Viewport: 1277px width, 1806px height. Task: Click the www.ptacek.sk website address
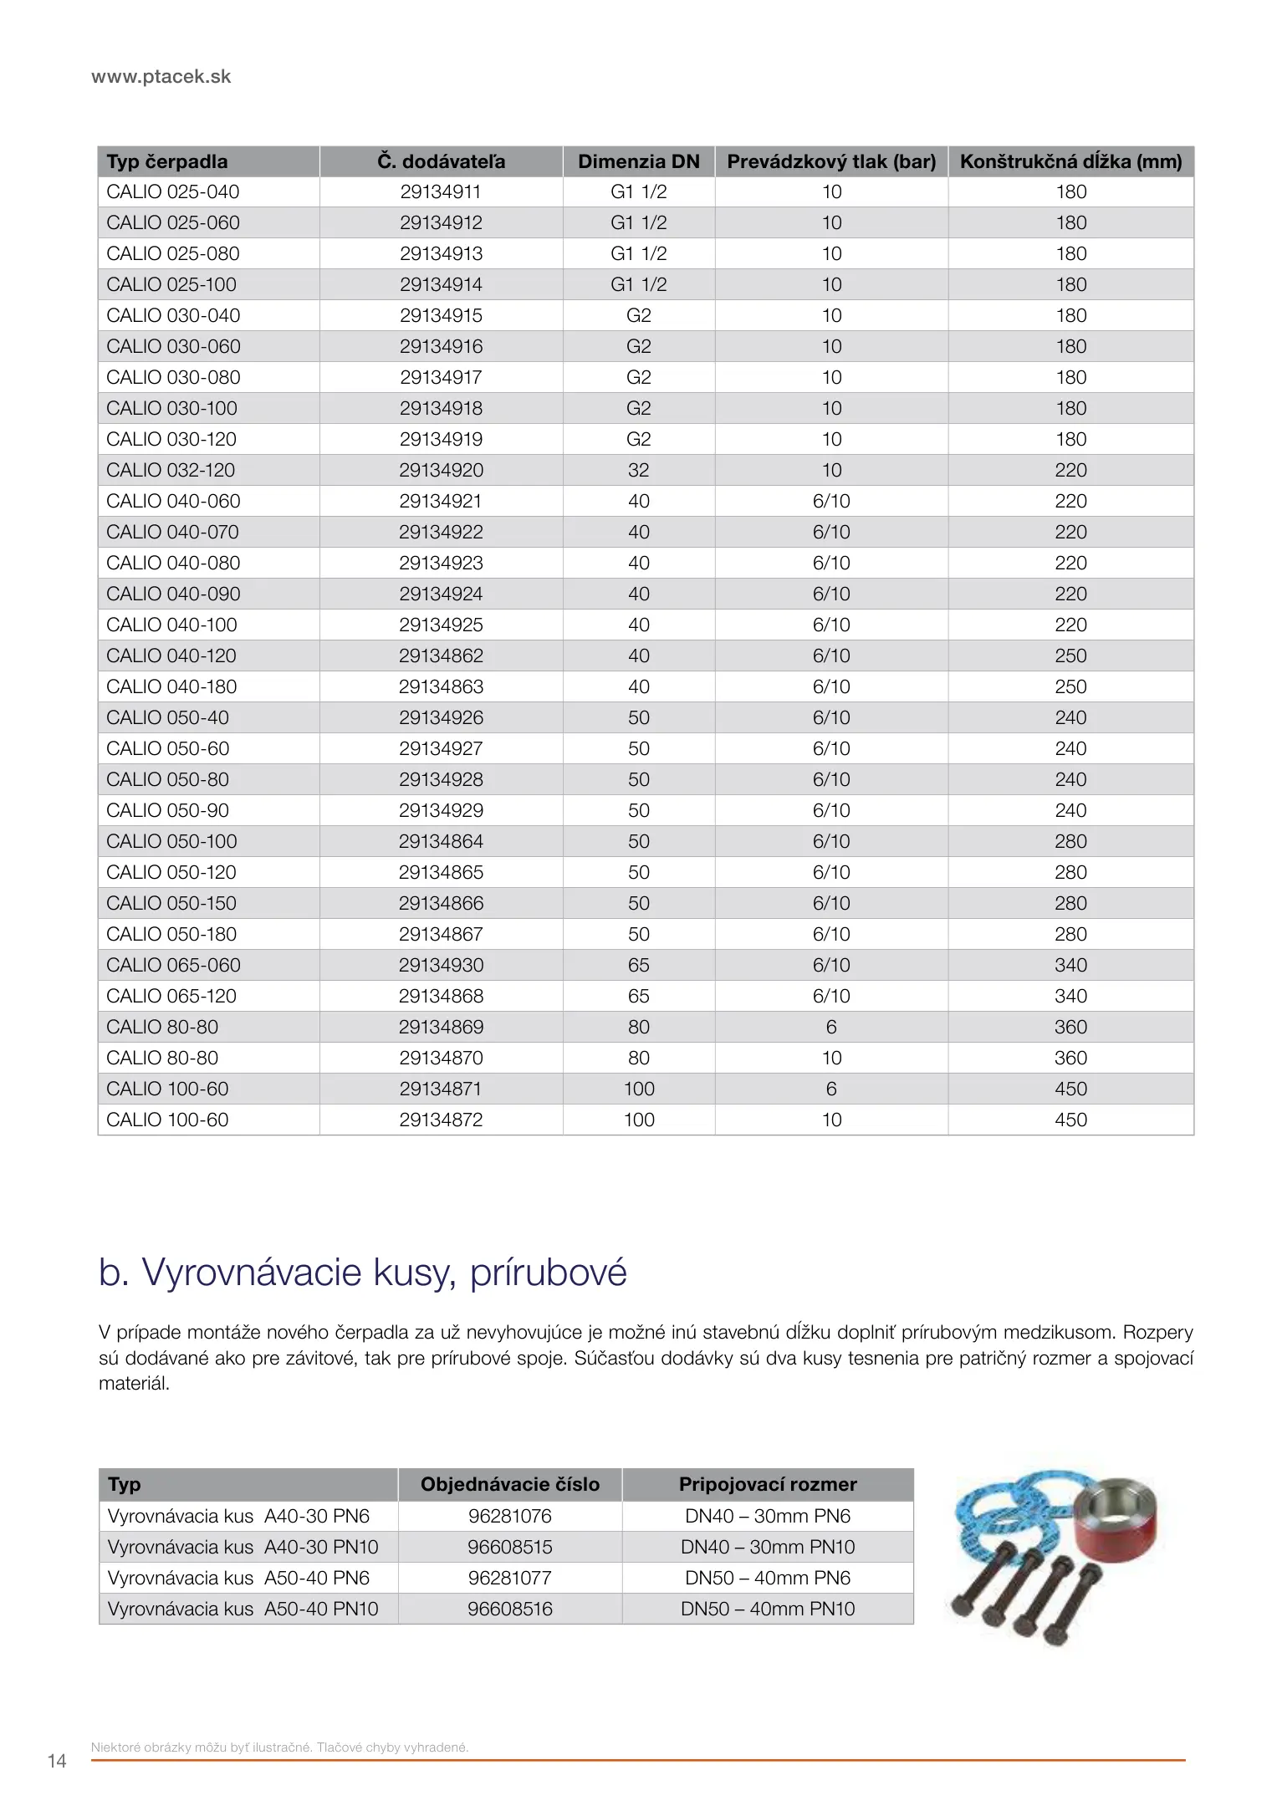point(161,77)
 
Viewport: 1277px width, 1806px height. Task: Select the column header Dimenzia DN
point(638,161)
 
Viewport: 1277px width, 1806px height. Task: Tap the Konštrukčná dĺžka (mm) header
point(1070,161)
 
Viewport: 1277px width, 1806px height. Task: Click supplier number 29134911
point(441,192)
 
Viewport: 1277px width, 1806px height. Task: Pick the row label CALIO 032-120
point(171,471)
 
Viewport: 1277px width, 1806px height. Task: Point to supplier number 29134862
point(441,656)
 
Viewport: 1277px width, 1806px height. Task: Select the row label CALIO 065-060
point(173,966)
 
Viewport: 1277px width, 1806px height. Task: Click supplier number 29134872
point(441,1120)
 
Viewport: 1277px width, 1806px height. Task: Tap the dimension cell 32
point(638,471)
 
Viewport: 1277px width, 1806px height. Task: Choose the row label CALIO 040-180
point(171,687)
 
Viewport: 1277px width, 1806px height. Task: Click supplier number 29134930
point(441,966)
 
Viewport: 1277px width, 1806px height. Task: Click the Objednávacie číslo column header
point(509,1485)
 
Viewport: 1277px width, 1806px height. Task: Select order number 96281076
point(509,1517)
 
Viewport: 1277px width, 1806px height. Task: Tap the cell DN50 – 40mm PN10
point(767,1610)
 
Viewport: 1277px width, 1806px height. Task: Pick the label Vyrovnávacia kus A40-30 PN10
point(243,1548)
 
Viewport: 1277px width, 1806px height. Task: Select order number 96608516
point(509,1610)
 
